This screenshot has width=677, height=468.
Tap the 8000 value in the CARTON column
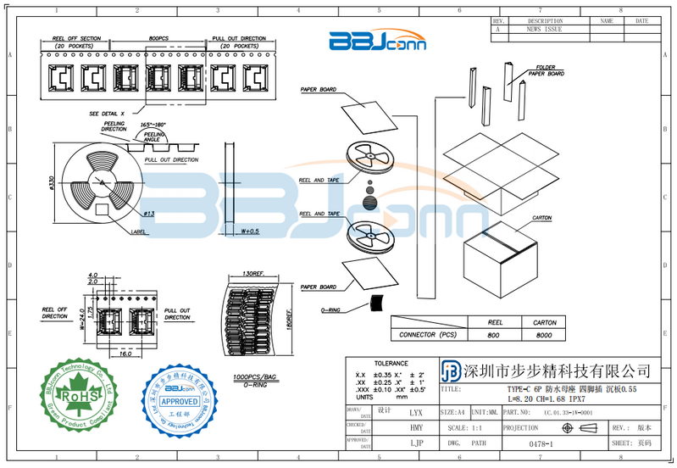pyautogui.click(x=544, y=335)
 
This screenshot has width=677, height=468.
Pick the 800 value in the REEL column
pyautogui.click(x=494, y=335)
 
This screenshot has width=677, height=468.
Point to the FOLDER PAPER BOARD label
pyautogui.click(x=547, y=70)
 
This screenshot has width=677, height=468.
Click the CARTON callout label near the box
pyautogui.click(x=542, y=219)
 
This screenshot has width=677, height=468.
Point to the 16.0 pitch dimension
pyautogui.click(x=125, y=354)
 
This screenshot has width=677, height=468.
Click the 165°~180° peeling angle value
pyautogui.click(x=153, y=125)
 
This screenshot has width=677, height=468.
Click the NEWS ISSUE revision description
pyautogui.click(x=544, y=29)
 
